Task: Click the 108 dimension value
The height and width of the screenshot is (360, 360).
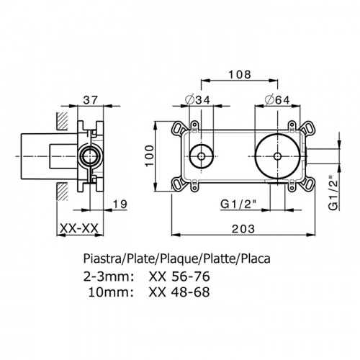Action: pyautogui.click(x=240, y=74)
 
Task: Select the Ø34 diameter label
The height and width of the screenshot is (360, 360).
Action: pyautogui.click(x=198, y=100)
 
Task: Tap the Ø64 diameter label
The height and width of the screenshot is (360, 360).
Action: pyautogui.click(x=277, y=100)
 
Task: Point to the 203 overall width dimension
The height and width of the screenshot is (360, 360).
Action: pyautogui.click(x=243, y=229)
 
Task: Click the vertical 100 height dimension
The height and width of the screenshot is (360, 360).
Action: pyautogui.click(x=150, y=156)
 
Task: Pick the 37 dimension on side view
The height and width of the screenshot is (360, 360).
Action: pyautogui.click(x=91, y=99)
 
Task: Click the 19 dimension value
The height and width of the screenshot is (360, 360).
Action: pyautogui.click(x=120, y=204)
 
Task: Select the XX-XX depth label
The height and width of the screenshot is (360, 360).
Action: pyautogui.click(x=79, y=228)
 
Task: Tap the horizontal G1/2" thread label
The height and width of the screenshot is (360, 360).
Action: pyautogui.click(x=238, y=204)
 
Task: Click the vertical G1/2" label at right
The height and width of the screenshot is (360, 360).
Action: pyautogui.click(x=333, y=193)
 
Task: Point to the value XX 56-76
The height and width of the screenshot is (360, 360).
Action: pyautogui.click(x=179, y=276)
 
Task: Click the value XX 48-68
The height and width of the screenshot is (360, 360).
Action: pyautogui.click(x=179, y=292)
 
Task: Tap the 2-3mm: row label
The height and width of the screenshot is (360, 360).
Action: pyautogui.click(x=108, y=276)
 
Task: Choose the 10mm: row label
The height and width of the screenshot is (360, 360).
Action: pyautogui.click(x=111, y=292)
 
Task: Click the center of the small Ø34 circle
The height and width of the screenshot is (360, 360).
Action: pyautogui.click(x=201, y=156)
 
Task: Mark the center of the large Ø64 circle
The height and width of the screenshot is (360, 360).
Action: pyautogui.click(x=277, y=156)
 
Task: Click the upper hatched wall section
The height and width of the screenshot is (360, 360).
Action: pyautogui.click(x=62, y=122)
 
